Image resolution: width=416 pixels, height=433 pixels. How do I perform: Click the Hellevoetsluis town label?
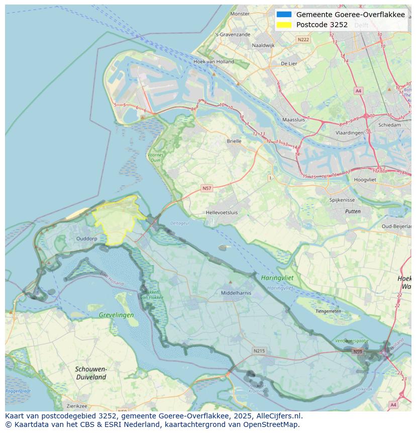coord(222,213)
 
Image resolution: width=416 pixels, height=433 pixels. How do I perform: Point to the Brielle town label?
coord(234,141)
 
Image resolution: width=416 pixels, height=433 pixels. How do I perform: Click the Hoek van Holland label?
coord(214,62)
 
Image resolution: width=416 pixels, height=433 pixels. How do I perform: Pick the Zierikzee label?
coord(77,406)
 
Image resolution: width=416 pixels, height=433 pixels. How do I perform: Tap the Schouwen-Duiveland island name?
coord(90,373)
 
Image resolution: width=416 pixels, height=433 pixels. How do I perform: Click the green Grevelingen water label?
coord(117,315)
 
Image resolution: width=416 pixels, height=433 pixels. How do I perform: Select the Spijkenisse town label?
coord(342,200)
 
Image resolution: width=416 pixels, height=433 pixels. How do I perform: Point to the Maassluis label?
coord(294,120)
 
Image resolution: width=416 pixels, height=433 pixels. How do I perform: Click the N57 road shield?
coord(206,188)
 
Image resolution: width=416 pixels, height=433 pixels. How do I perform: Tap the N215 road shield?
coord(259,351)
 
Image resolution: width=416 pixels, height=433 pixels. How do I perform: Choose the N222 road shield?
coord(303,39)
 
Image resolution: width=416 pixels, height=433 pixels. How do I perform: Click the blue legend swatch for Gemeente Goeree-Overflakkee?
coord(284,15)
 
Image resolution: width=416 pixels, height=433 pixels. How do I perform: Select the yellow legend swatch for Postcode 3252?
coord(284,25)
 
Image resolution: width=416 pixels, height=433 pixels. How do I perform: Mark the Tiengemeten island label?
coord(328,311)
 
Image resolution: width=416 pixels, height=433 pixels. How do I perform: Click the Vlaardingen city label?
coord(349,133)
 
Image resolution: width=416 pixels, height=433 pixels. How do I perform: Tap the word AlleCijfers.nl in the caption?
coord(279,416)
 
